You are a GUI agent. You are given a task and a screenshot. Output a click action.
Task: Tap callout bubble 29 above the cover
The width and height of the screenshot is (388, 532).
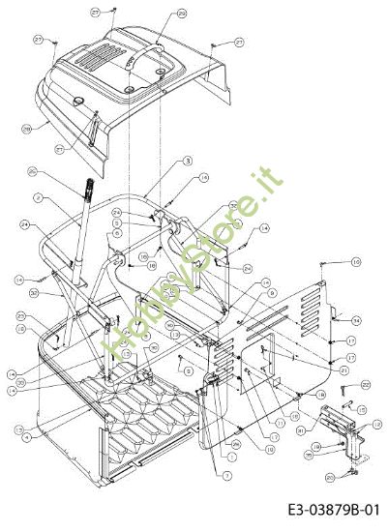tap(182, 14)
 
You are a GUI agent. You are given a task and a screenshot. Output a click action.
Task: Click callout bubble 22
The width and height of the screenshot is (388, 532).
tap(366, 385)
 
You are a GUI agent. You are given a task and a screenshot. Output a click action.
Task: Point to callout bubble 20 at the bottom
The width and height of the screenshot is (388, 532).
tap(328, 477)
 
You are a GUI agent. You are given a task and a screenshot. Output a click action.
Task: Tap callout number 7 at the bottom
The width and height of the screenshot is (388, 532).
tap(226, 476)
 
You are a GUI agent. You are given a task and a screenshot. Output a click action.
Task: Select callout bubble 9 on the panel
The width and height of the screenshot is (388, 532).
tap(272, 293)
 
